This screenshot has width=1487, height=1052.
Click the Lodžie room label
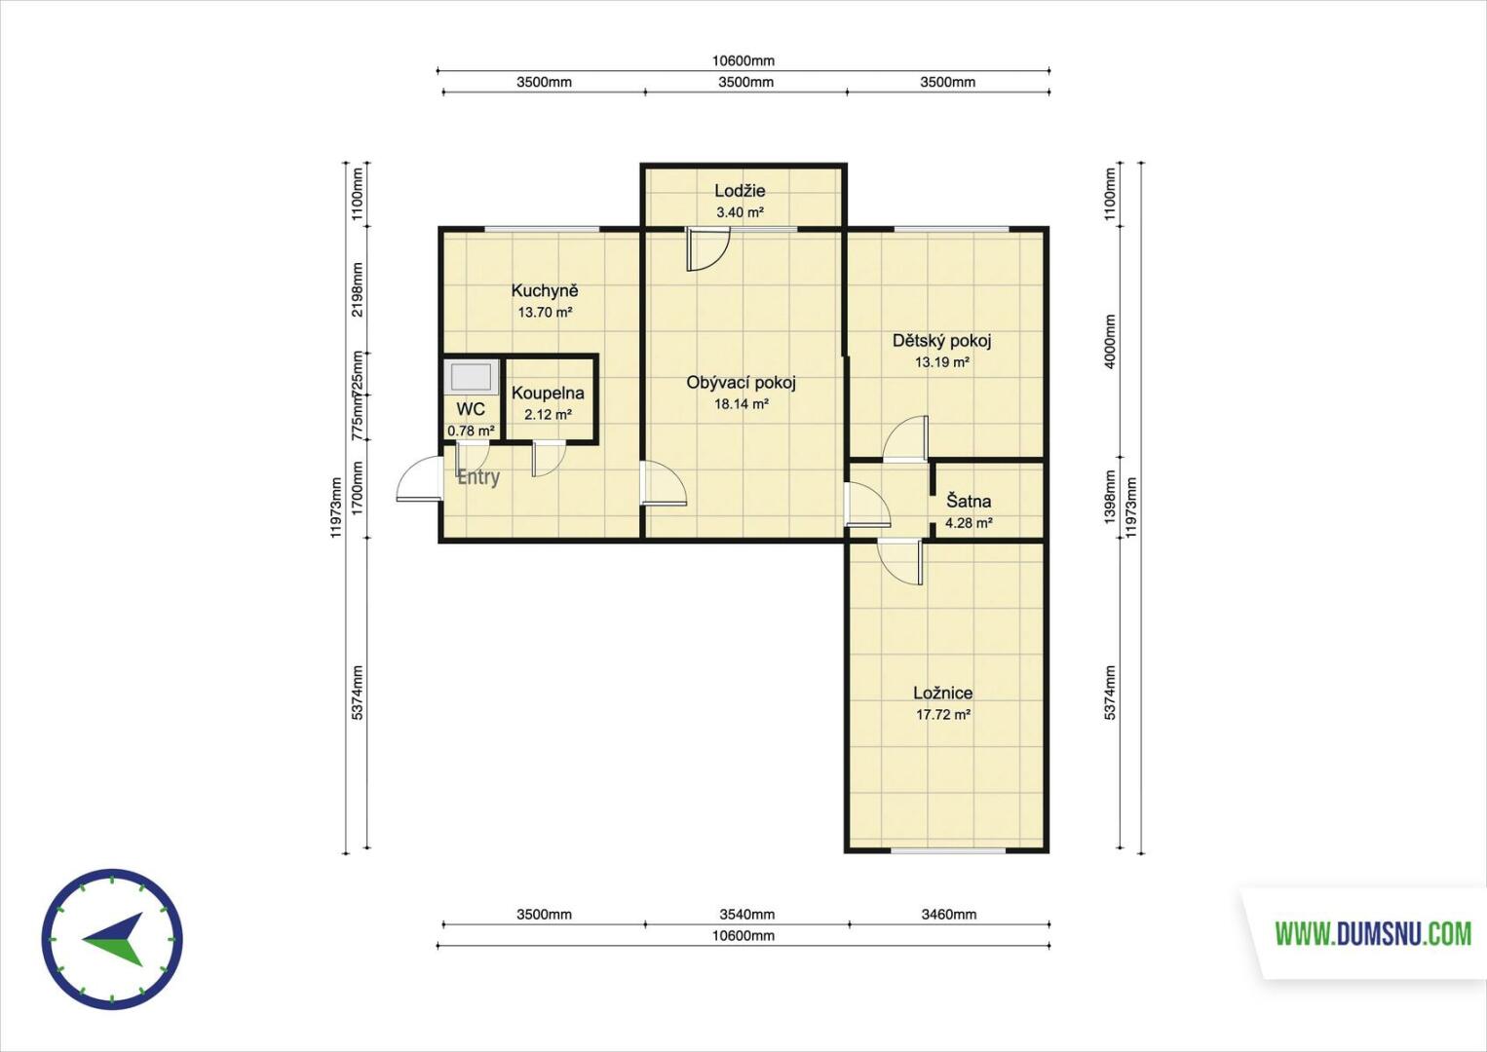point(740,191)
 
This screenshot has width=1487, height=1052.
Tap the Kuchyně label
point(545,290)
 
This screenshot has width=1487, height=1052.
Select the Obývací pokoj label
point(741,383)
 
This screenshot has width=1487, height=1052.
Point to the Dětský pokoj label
point(941,341)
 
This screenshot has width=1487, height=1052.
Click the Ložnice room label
point(942,693)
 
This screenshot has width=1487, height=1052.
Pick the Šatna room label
point(969,501)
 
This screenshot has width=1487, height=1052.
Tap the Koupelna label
point(548,393)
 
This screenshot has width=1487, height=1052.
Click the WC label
point(471,409)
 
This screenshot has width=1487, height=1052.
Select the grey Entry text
point(478,477)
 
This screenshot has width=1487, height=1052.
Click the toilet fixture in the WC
point(472,377)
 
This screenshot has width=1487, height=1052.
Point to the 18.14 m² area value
point(742,404)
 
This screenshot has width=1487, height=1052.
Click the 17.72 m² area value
point(943,715)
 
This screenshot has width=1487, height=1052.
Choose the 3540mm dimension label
point(746,914)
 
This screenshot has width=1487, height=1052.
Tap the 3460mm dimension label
point(949,914)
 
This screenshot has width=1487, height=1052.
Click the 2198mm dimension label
point(358,289)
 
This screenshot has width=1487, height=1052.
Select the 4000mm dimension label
point(1109,341)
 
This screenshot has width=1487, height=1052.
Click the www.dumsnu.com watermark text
point(1373,933)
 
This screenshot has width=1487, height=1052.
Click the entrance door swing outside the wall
point(418,479)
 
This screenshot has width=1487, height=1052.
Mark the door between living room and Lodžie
point(707,249)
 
